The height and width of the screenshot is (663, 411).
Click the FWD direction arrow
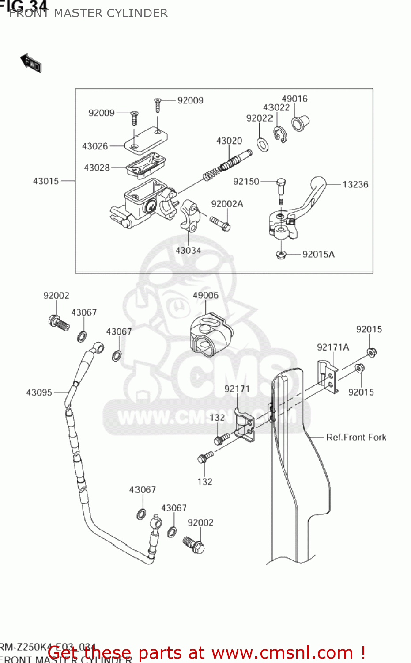pos(30,63)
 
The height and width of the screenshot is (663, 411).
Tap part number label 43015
pos(46,181)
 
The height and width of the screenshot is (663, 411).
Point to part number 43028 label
pos(97,168)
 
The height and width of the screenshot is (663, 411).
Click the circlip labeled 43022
pos(279,134)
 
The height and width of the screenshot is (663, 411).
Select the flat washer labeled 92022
pos(263,145)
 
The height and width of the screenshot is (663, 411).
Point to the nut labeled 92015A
pos(280,255)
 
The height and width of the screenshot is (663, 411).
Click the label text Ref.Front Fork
pos(356,438)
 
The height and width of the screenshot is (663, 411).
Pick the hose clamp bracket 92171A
pos(328,375)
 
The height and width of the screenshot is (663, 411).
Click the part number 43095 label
pos(39,392)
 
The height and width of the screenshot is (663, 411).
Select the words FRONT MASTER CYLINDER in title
pos(88,13)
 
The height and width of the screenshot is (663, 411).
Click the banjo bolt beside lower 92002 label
pos(194,545)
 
